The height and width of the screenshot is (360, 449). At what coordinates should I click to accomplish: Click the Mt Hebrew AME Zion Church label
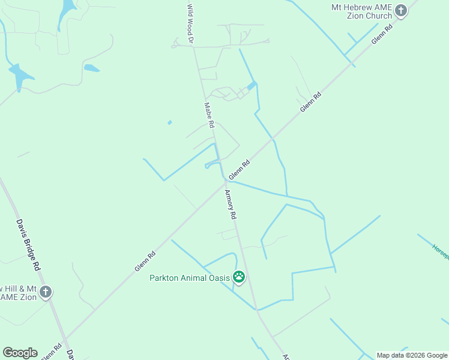[361, 11]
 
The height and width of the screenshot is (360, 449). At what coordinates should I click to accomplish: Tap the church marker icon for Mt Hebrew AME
[401, 10]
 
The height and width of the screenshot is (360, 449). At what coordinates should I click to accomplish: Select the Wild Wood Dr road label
[190, 23]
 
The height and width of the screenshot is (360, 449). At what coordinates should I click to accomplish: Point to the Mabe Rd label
[209, 115]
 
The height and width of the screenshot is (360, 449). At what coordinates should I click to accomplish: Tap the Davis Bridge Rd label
[28, 244]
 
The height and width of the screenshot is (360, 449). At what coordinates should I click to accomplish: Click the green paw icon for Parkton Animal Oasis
[239, 277]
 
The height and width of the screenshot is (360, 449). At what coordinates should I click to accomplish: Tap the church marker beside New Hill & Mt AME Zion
[46, 292]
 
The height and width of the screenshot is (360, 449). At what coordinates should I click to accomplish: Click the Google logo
[20, 353]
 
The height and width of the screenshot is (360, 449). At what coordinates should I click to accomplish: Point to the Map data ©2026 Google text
[412, 355]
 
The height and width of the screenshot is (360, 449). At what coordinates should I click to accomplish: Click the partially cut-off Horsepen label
[440, 251]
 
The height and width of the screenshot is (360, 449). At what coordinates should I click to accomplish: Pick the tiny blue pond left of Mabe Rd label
[170, 122]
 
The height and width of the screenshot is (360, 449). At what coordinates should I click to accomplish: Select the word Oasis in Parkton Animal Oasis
[219, 278]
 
